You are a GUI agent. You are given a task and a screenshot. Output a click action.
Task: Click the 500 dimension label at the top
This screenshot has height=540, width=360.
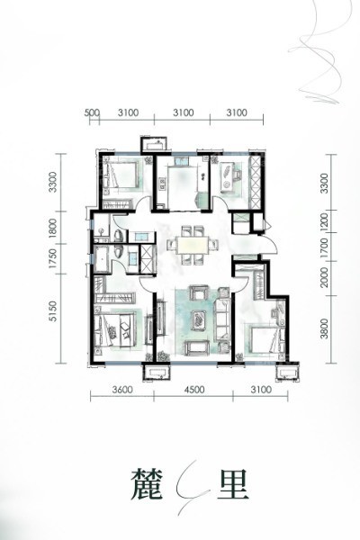(92, 112)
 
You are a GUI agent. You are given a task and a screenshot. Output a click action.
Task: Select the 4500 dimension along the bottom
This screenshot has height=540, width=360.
(194, 390)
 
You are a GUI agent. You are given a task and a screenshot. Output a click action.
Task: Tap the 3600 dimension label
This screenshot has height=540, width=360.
(122, 390)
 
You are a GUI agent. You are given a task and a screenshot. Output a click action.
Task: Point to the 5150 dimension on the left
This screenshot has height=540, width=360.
(52, 311)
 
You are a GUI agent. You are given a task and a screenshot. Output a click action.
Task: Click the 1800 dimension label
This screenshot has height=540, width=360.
(52, 228)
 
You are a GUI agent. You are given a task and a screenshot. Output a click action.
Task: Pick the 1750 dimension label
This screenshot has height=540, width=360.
(52, 259)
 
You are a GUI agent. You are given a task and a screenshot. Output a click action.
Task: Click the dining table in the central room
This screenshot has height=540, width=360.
(193, 245)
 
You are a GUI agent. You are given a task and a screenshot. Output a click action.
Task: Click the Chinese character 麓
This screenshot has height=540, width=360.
(147, 484)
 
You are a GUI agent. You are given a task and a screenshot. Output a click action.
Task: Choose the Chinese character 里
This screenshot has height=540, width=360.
(233, 484)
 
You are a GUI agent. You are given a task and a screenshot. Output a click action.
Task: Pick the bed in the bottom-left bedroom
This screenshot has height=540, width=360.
(116, 331)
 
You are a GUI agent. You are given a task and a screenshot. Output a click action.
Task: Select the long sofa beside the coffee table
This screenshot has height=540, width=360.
(223, 319)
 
